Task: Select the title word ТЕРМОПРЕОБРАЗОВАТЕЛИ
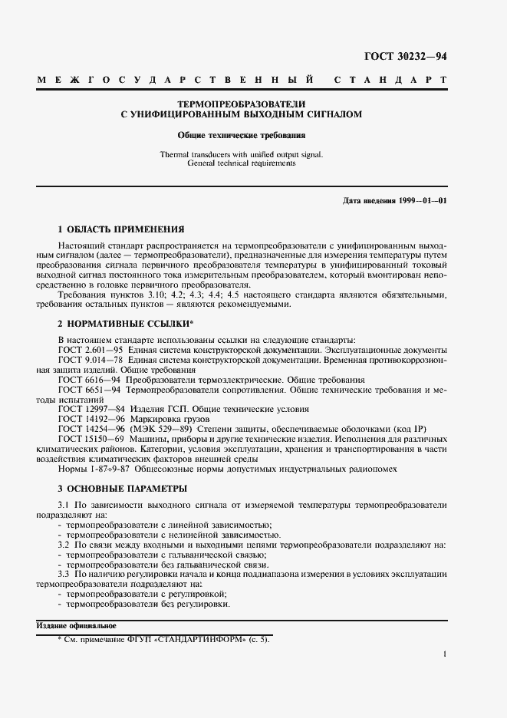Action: (x=242, y=104)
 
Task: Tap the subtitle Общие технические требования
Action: (x=242, y=134)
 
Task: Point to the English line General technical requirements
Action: (x=242, y=163)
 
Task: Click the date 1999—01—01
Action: (x=423, y=200)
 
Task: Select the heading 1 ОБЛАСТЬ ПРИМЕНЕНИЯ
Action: (x=121, y=229)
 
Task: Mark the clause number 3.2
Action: (x=64, y=545)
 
